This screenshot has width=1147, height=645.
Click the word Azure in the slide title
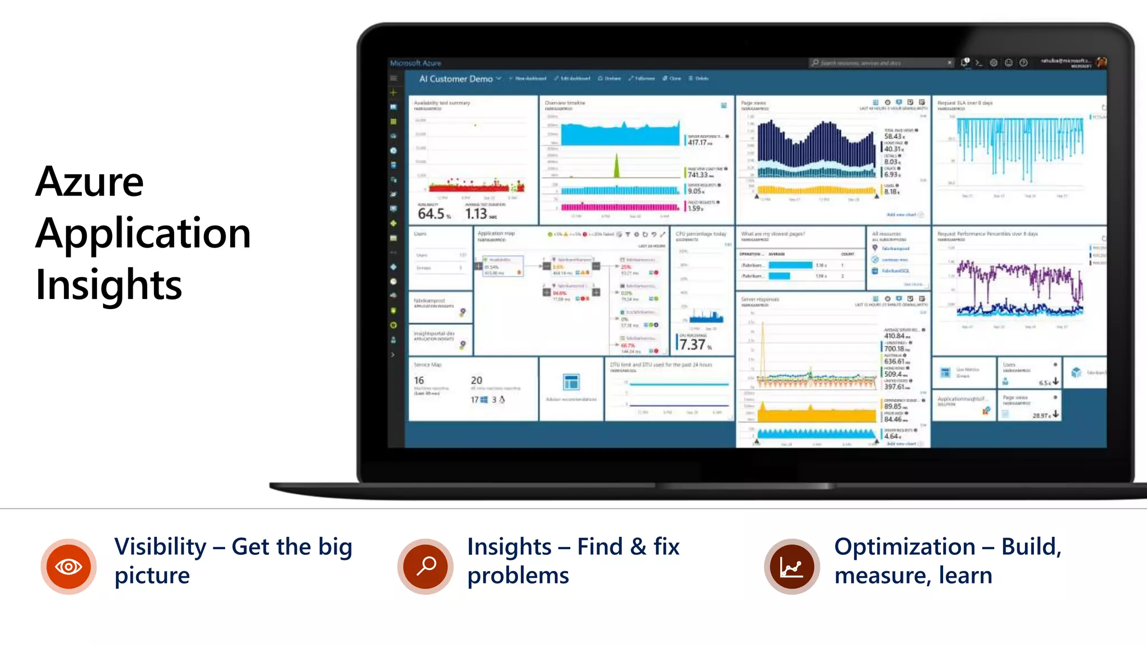pos(90,182)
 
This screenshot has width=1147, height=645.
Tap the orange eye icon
pos(68,567)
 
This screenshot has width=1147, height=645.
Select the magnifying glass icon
pos(426,566)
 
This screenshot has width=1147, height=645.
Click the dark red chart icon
pos(791,567)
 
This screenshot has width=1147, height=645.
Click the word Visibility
pos(161,546)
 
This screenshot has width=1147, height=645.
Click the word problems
pos(518,576)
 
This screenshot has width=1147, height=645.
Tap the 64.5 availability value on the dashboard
pos(431,213)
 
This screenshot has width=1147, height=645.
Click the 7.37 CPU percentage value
pos(692,344)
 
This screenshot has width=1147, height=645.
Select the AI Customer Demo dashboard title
pos(456,79)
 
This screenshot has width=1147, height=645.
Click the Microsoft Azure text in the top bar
pos(416,63)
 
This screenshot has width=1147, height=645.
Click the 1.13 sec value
pos(476,213)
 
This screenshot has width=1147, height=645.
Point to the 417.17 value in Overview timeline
pos(697,143)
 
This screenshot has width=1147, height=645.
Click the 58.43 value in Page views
pos(893,137)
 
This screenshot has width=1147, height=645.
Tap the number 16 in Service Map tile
pos(419,380)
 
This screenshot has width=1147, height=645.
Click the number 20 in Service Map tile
pos(477,380)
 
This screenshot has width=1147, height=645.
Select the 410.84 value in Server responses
pos(894,336)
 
